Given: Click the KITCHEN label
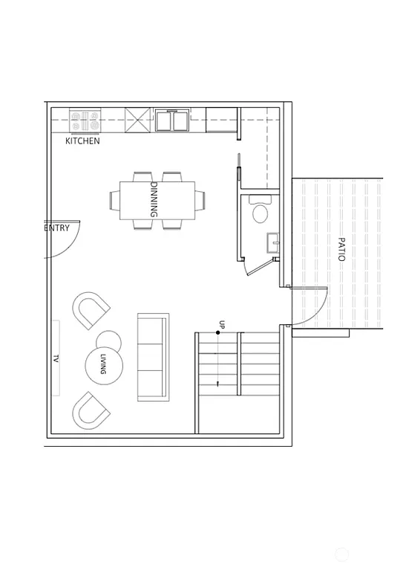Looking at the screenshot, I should pos(82,141).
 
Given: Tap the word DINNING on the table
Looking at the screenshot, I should pos(154,199).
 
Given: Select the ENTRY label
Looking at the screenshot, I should pos(56,228).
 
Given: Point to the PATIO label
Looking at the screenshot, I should pos(341,249).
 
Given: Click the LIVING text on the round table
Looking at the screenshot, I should pos(103,365).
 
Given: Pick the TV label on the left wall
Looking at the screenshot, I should pos(56,358).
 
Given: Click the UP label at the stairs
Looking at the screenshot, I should pos(221,325).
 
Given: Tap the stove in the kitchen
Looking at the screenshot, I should pos(85,120).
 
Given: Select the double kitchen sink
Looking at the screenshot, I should pos(171,120).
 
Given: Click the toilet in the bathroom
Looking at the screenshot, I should pos(260,212).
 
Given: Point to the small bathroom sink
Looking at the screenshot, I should pos(273,242).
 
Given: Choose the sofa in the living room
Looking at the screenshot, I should pos(153,357).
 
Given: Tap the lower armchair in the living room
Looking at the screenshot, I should pos(91,410).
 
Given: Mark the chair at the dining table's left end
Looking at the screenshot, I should pos(115,201).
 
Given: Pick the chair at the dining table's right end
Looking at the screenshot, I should pos(200,201).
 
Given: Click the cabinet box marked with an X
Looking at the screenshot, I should pos(137,120).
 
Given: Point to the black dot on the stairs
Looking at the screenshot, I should pos(217,332).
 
